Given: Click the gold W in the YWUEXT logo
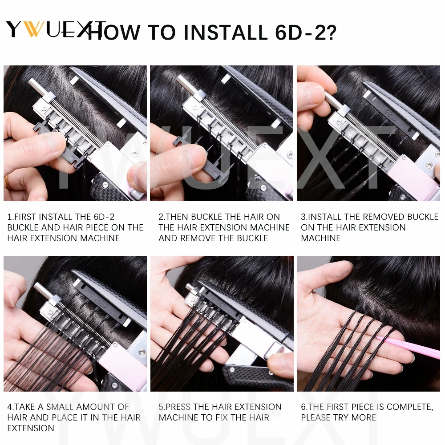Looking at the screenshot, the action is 34,29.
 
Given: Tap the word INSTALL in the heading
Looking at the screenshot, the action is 226,32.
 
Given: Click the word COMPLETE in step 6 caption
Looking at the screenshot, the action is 410,407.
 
